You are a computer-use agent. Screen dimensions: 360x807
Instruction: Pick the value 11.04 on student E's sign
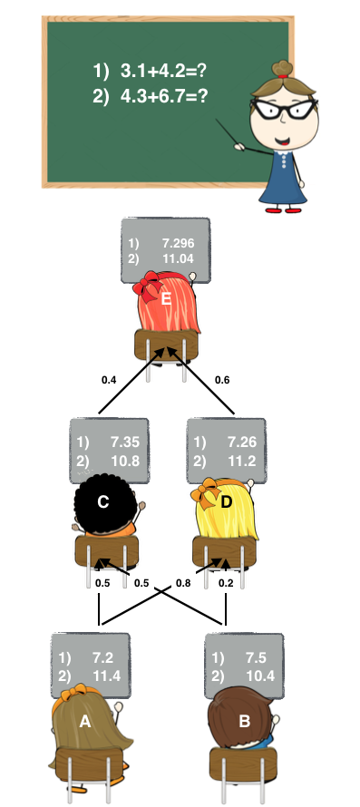(x=178, y=259)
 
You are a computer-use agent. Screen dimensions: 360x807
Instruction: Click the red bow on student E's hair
(x=145, y=288)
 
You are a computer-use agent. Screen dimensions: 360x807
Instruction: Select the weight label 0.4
(x=109, y=379)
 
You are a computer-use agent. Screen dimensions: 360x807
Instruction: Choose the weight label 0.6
(x=221, y=379)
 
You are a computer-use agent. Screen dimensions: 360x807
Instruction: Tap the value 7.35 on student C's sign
(x=124, y=442)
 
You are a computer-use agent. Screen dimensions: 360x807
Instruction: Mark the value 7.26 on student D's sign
(x=243, y=442)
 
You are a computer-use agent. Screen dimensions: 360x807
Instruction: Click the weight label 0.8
(x=183, y=583)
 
